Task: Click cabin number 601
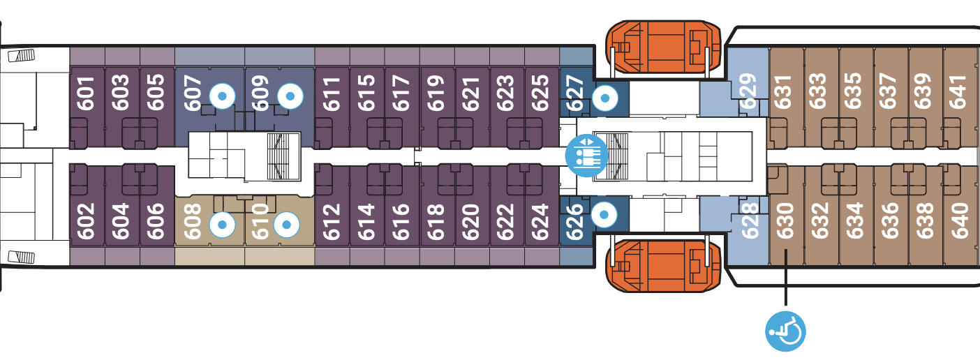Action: [x=87, y=91]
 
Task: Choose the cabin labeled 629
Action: [x=748, y=91]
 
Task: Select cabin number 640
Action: [x=960, y=220]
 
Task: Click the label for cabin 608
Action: [x=193, y=220]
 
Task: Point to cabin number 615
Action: [x=366, y=91]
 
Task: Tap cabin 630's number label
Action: [x=785, y=220]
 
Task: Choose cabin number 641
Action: [x=960, y=91]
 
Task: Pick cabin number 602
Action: [x=87, y=220]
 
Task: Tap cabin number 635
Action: [x=853, y=91]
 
